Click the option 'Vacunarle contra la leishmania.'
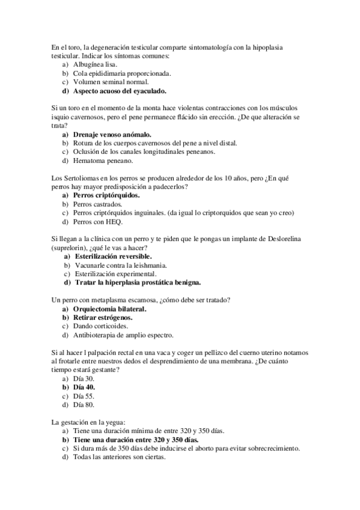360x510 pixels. (x=120, y=265)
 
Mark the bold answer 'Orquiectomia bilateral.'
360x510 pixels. (x=110, y=309)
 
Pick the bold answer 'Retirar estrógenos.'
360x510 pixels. (x=103, y=318)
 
